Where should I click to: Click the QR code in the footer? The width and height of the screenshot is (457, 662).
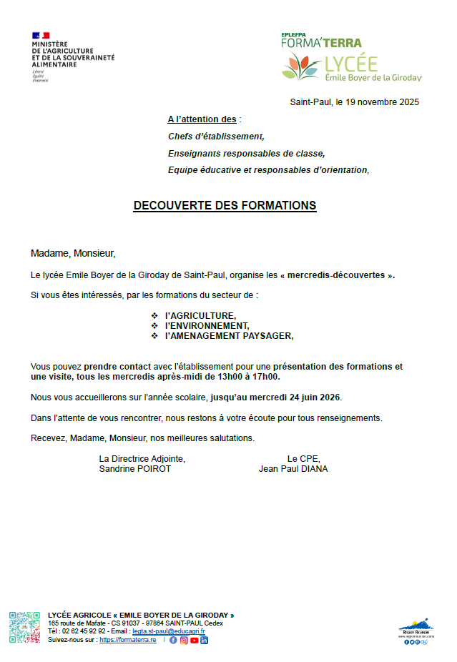24,628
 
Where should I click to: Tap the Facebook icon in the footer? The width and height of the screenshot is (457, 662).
173,640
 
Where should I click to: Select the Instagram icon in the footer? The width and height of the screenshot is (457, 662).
183,640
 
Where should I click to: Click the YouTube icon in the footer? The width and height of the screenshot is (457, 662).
194,640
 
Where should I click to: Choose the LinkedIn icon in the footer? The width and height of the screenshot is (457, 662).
204,640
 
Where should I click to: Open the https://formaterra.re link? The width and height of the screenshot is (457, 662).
127,640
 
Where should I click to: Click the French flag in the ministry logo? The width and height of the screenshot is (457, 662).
41,35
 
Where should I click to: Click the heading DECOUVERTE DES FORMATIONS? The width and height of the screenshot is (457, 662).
225,206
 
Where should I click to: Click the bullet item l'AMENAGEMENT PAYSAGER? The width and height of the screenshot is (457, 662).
229,335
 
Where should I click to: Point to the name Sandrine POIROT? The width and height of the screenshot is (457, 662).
135,469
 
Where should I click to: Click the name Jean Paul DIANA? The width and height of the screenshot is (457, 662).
293,469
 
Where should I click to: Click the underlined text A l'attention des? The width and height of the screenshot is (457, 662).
202,119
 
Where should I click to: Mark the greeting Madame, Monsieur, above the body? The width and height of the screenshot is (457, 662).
73,253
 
